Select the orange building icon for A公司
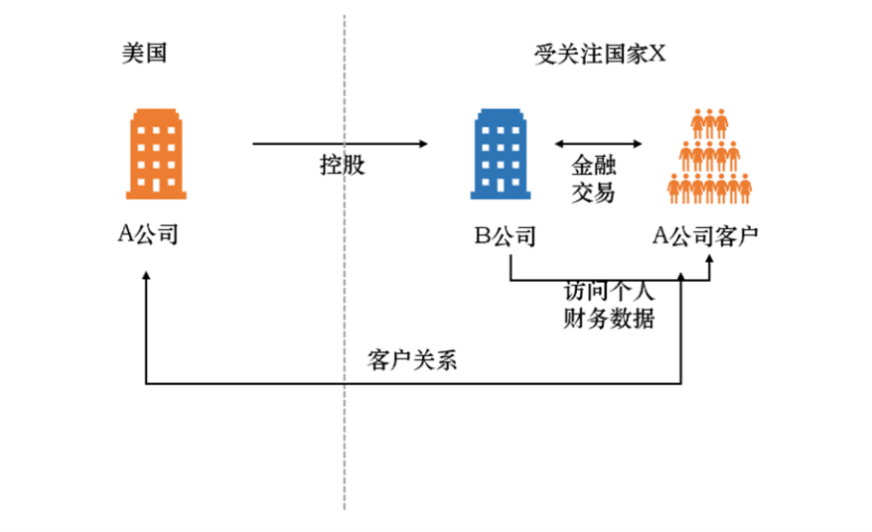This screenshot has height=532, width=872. [156, 155]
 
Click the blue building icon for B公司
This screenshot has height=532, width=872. [503, 154]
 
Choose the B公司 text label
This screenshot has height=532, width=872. [505, 236]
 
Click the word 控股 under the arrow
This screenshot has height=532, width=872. [343, 165]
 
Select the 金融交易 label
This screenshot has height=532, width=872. [594, 179]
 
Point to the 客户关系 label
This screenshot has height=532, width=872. [411, 360]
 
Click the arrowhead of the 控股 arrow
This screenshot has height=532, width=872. [423, 145]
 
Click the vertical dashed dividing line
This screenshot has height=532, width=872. [345, 298]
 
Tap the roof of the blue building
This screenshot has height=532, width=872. [503, 112]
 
